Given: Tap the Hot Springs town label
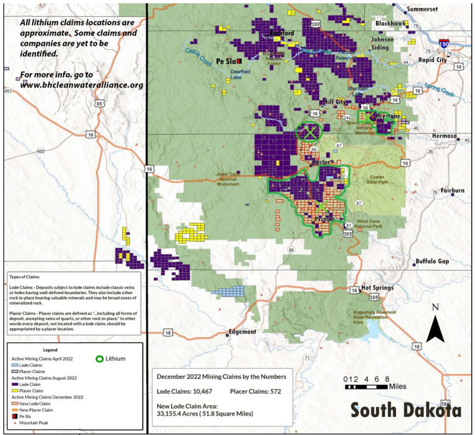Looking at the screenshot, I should (379, 288).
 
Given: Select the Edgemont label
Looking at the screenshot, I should (242, 331).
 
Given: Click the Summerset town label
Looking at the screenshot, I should (425, 9).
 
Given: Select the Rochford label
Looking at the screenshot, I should (281, 33).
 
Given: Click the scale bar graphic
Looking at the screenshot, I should (367, 386).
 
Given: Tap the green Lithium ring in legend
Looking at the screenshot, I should (100, 359).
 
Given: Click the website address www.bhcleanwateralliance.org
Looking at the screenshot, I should (82, 85).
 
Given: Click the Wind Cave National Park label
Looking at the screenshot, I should (371, 223).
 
